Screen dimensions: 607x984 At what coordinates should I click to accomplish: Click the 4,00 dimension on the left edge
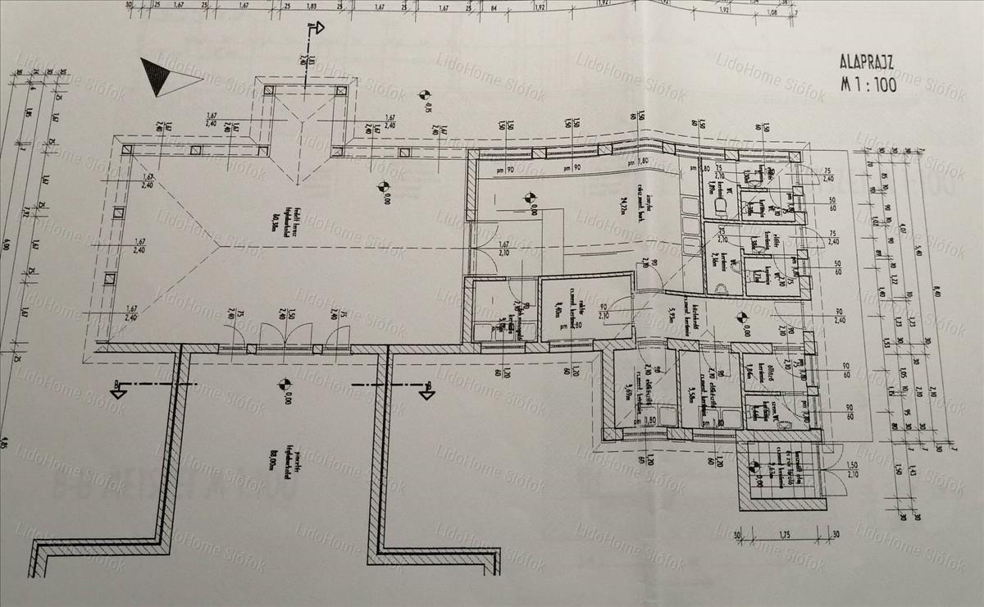coord(6,244)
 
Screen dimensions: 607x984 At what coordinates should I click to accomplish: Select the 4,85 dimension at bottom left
coord(6,445)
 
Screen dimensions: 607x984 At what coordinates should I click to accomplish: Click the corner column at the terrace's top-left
coord(127,150)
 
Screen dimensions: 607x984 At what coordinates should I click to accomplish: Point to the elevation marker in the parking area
coord(283,383)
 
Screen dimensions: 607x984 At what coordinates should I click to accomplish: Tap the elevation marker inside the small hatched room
coord(753,468)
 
